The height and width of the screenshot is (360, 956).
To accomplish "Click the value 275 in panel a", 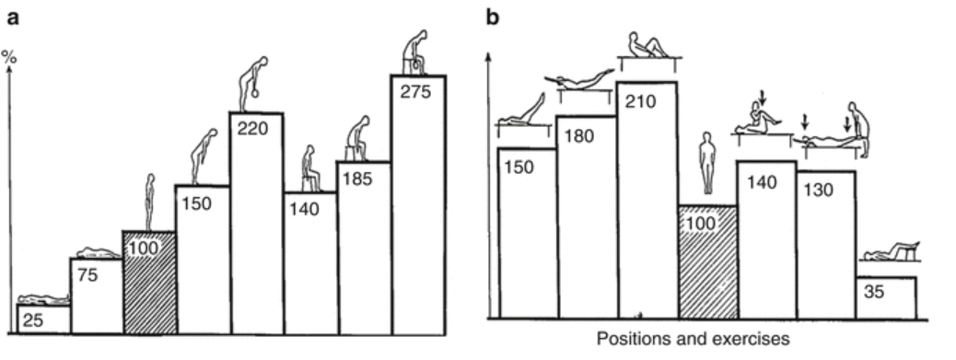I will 418,93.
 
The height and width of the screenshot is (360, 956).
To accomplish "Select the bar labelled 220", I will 256,230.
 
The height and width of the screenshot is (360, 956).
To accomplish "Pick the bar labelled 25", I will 44,319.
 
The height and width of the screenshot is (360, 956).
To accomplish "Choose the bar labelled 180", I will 587,221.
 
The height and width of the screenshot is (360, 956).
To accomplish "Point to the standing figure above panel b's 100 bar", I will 707,162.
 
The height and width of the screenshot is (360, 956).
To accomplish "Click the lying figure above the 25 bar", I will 44,298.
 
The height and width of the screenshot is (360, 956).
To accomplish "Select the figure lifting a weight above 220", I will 255,83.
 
